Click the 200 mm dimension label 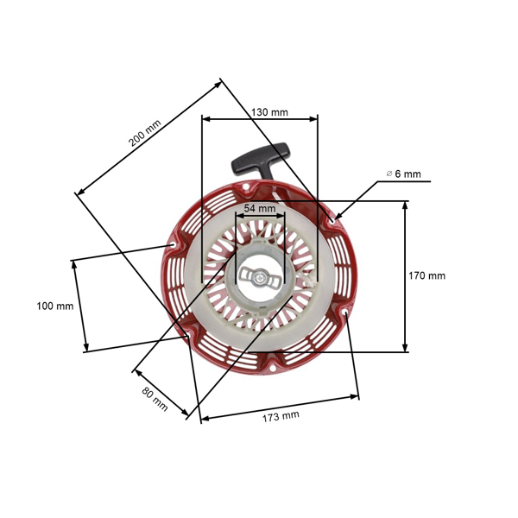pos(145,132)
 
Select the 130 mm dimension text pos(270,112)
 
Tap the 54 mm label pos(260,209)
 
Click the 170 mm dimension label pos(426,276)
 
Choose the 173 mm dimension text pos(281,415)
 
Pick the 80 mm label pos(155,398)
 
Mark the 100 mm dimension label pos(54,306)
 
